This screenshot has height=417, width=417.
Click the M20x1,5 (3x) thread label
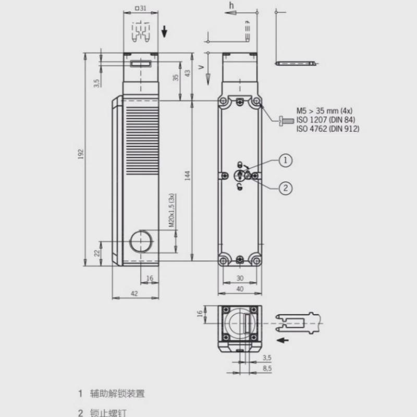coord(171,211)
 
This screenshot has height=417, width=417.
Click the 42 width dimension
coord(134,294)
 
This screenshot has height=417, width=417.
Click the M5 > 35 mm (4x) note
coord(325,112)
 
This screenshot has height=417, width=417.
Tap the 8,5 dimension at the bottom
coord(267,368)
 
